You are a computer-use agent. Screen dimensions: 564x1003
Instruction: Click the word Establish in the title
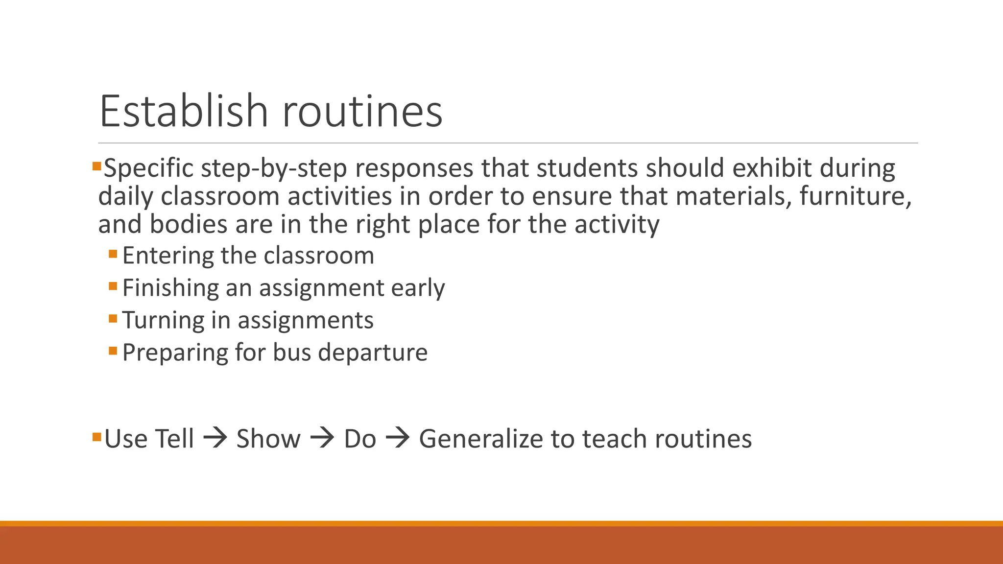click(184, 111)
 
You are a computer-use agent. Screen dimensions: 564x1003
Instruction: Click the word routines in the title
click(362, 111)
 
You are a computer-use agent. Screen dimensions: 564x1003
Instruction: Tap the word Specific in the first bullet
click(149, 169)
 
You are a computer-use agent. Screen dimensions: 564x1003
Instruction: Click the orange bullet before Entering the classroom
click(113, 254)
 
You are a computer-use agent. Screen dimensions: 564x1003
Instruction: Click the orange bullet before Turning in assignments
click(113, 319)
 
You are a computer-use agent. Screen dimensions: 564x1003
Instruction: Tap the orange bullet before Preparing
click(113, 351)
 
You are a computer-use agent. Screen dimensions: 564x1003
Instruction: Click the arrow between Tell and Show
click(215, 438)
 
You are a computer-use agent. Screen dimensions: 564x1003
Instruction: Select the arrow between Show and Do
click(322, 438)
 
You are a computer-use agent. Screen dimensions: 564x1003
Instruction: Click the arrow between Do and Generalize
click(398, 438)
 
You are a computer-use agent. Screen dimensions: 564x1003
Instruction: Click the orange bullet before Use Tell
click(96, 436)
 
